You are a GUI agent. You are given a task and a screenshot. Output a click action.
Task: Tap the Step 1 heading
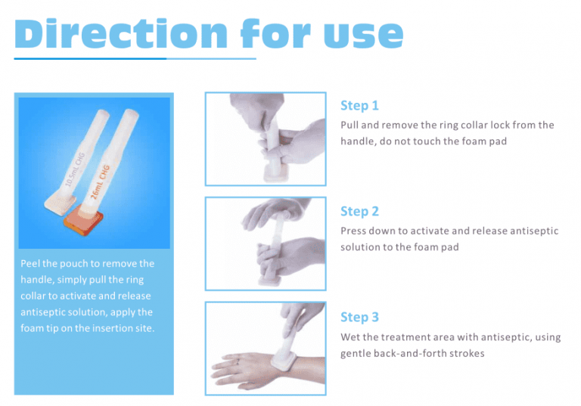click(359, 105)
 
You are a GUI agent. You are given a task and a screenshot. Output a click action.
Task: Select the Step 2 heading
click(359, 211)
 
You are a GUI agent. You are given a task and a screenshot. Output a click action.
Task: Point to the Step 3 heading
click(359, 317)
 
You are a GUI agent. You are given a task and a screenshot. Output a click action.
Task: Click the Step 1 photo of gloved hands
click(266, 139)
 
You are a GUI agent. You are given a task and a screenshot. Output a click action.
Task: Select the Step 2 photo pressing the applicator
click(266, 243)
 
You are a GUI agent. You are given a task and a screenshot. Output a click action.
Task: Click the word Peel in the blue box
click(33, 263)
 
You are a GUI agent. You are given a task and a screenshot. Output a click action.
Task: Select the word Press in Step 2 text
click(354, 231)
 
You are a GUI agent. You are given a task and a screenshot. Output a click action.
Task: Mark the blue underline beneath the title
click(136, 58)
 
